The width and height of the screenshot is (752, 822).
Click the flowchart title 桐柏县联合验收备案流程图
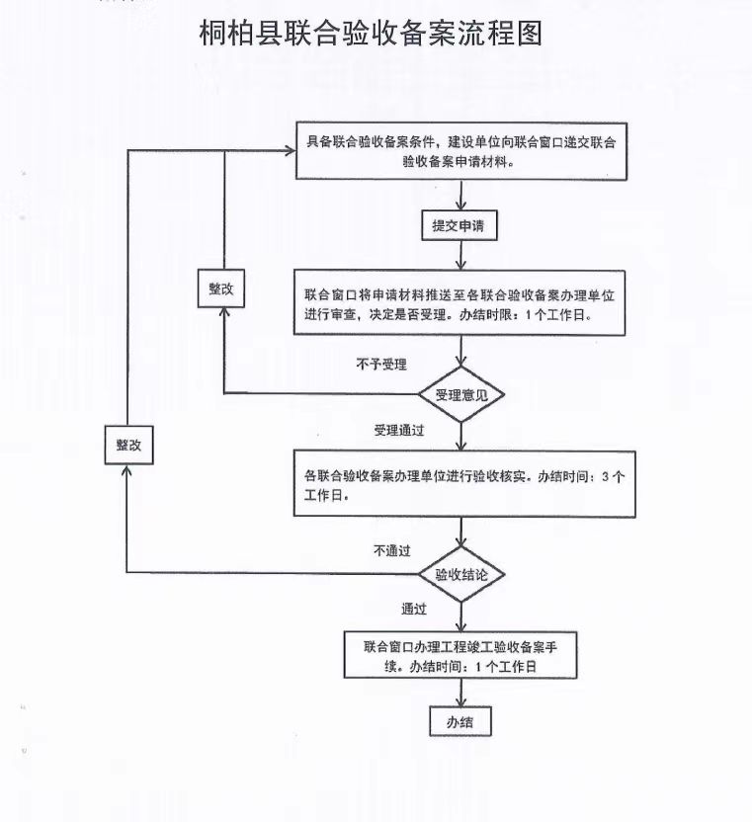point(371,34)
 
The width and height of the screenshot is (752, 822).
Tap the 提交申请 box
point(460,225)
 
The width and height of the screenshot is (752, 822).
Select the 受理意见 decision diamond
point(461,394)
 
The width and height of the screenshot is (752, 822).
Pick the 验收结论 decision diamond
point(461,575)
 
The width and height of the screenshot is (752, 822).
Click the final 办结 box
point(460,721)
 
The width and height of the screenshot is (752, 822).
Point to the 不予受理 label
point(381,364)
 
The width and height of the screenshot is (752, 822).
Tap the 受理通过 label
point(399,431)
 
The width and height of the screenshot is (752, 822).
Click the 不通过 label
point(392,550)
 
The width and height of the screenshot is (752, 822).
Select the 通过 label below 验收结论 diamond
point(414,609)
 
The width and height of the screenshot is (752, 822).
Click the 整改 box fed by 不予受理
point(220,288)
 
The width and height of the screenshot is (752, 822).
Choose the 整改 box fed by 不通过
point(129,445)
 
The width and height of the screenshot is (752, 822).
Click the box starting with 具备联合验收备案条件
point(461,151)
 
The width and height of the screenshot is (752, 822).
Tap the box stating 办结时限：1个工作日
point(460,303)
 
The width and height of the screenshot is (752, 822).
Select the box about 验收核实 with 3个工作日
point(464,484)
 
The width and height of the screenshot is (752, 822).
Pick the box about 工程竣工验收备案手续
point(460,655)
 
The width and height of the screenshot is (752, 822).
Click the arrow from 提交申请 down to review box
point(460,255)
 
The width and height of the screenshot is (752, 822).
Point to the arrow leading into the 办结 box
point(460,693)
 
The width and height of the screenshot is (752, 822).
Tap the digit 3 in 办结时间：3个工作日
point(606,476)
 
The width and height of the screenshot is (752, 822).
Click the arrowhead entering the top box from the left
point(291,151)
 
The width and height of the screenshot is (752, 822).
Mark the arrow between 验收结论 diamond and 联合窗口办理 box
point(460,616)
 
